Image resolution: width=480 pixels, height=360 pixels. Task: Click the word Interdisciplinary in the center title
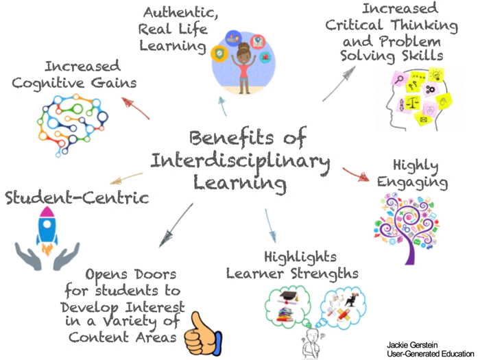pos(240,162)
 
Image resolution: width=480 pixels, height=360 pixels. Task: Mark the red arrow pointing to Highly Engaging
pos(355,174)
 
